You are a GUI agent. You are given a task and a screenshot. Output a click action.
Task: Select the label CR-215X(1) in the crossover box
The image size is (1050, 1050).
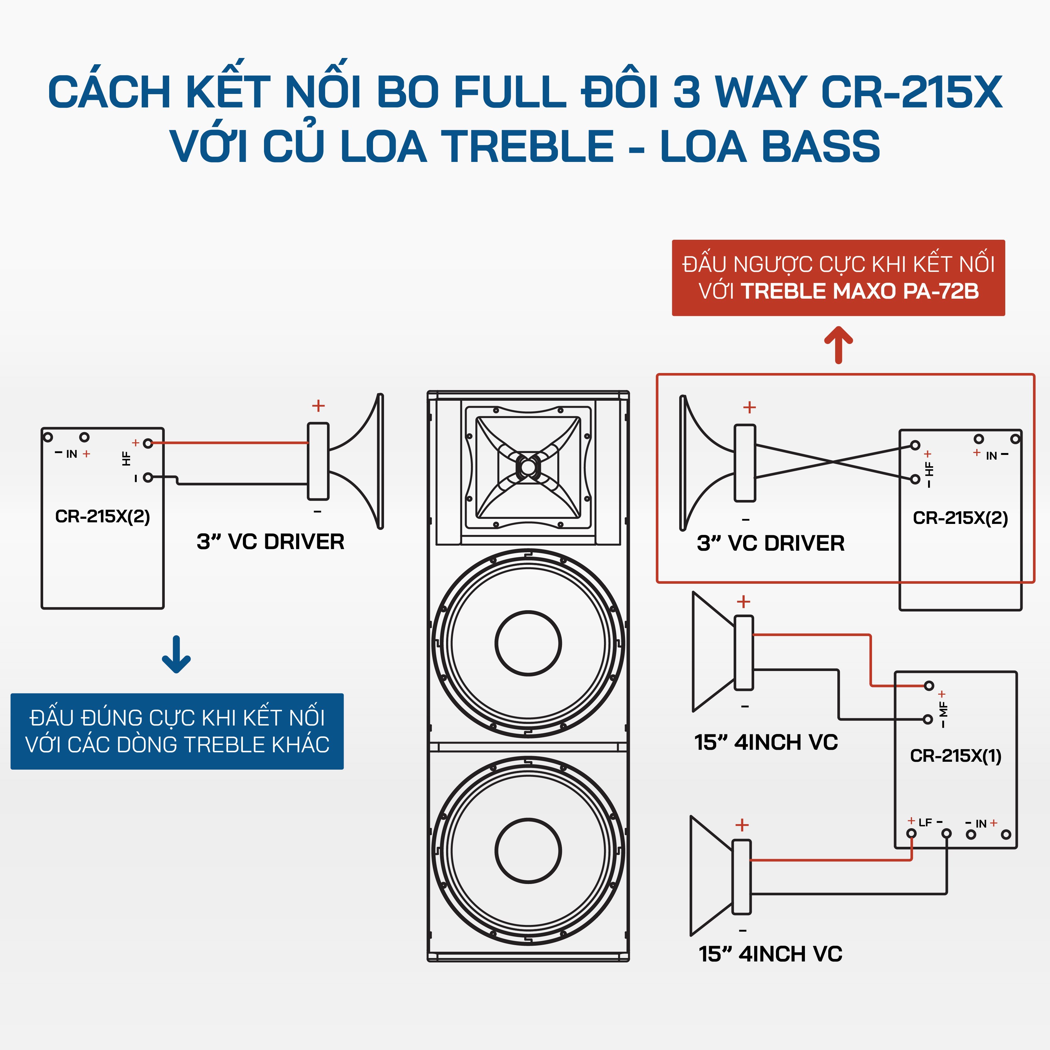955,755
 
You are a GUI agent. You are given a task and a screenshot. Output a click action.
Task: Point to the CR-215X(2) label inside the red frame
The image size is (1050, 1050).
960,518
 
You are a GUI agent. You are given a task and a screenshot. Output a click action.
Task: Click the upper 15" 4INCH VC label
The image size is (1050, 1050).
766,743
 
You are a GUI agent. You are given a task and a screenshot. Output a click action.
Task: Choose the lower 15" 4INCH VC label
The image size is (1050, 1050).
770,954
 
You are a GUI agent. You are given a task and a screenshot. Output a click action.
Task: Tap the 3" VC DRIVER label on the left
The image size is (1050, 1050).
270,542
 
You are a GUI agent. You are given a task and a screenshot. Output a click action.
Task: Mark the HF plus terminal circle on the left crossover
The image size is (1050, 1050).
148,444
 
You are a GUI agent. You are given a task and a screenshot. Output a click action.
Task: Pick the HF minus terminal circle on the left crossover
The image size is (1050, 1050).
148,478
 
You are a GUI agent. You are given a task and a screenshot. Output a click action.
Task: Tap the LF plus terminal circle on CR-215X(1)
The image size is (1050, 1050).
911,834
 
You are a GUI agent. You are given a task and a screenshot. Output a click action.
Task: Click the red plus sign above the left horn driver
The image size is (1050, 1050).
318,405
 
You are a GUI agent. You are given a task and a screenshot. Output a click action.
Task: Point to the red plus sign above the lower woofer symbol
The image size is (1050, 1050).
742,825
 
